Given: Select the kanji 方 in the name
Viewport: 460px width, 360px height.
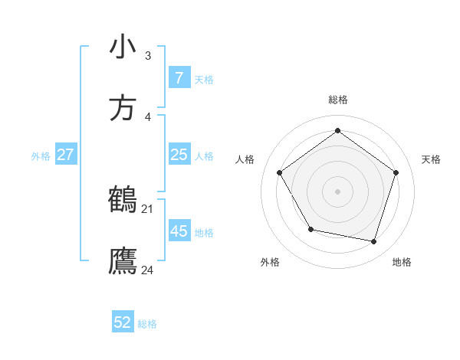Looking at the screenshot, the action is (x=123, y=107).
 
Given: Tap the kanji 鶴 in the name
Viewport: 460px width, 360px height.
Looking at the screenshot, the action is (x=123, y=199).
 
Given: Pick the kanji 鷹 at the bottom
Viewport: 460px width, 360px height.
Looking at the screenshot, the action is (x=123, y=260).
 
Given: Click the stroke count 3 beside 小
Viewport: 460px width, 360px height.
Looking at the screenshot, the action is (x=147, y=55).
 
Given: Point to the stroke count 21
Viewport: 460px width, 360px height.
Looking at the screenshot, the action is (x=147, y=208).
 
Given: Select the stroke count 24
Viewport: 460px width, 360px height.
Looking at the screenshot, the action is (x=147, y=270).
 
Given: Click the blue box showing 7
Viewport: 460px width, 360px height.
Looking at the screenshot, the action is (x=179, y=78).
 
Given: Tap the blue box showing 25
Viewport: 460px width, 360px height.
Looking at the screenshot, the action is (x=179, y=155).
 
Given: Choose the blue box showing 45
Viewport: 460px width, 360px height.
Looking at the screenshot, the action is (x=179, y=231).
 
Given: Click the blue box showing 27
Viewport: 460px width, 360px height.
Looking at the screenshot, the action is (x=66, y=155).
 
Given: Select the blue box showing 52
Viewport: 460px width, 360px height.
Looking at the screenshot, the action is (x=123, y=322).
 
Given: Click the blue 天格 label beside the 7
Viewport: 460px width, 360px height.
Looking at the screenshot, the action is (x=204, y=80).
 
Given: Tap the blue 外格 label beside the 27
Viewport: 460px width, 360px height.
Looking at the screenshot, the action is (x=41, y=156).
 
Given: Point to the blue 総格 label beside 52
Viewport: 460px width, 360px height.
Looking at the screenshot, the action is (x=147, y=324).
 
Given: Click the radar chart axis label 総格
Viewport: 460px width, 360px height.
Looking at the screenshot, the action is (x=337, y=100).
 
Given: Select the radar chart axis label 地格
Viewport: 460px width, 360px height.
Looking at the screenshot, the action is (x=402, y=262).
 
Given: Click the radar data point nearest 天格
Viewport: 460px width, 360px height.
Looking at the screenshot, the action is (x=396, y=172).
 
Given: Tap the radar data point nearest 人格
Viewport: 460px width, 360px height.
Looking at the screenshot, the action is (x=280, y=172).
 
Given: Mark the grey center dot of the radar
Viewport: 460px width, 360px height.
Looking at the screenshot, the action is (x=337, y=191).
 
